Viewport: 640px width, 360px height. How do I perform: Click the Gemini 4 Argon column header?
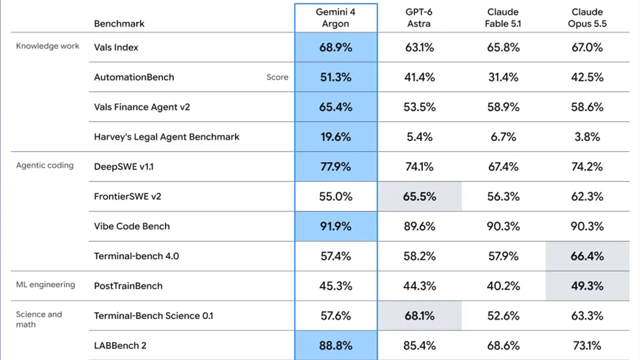click(x=336, y=18)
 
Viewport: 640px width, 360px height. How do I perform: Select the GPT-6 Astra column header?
click(x=419, y=18)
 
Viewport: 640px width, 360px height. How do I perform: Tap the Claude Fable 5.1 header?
click(x=503, y=18)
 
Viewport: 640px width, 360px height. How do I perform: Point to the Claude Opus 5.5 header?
click(x=587, y=18)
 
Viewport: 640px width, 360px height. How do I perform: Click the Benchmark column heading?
click(x=119, y=24)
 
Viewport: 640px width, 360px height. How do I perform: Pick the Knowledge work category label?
click(x=48, y=46)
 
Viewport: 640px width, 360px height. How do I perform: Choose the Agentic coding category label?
click(x=45, y=165)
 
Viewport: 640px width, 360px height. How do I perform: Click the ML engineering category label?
click(x=46, y=285)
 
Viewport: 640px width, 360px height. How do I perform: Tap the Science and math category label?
click(x=39, y=319)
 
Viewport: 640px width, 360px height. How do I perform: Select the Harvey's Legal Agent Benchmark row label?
click(x=167, y=137)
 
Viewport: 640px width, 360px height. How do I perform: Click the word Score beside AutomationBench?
click(x=277, y=77)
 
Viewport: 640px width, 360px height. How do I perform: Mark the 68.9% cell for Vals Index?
click(x=336, y=47)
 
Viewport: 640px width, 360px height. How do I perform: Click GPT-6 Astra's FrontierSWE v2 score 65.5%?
click(x=419, y=196)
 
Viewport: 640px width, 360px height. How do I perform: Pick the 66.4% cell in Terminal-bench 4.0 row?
click(x=587, y=256)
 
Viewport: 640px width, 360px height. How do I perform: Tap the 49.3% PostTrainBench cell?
click(x=587, y=286)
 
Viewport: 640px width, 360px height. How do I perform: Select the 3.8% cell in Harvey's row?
click(x=587, y=137)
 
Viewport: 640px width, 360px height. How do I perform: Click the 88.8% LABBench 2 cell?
click(x=336, y=346)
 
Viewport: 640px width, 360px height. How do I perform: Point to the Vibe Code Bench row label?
click(x=132, y=226)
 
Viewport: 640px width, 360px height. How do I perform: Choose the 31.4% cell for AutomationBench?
click(x=503, y=77)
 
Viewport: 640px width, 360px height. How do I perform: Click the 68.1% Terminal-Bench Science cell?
click(x=419, y=316)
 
